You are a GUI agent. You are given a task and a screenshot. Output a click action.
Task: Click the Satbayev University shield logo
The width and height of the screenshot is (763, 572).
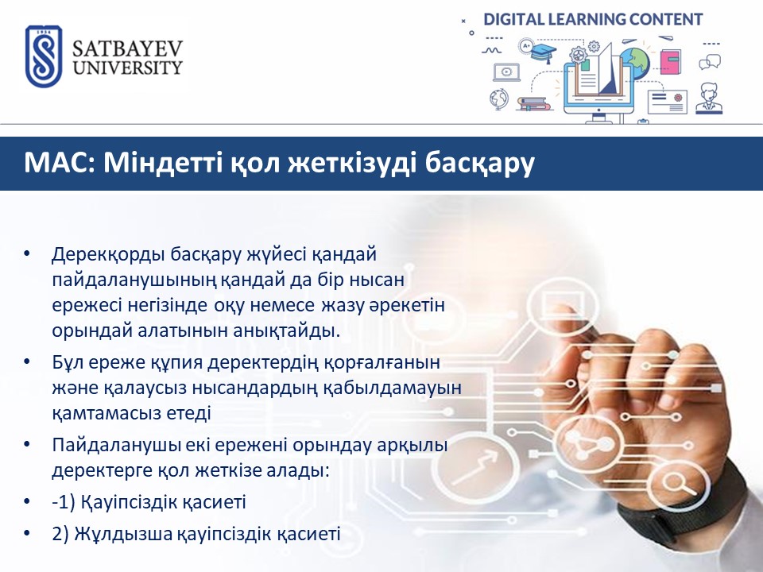pos(44,56)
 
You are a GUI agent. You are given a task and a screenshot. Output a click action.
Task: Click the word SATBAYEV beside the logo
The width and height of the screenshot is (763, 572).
pos(127,49)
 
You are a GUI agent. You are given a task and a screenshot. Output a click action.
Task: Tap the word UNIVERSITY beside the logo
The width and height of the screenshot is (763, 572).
pos(127,67)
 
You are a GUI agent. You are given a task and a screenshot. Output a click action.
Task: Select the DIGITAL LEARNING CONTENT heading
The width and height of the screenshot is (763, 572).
pos(593,19)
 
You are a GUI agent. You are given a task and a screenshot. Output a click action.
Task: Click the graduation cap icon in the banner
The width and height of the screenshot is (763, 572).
pos(543,52)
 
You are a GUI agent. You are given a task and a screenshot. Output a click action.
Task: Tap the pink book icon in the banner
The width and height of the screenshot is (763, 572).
pos(671,62)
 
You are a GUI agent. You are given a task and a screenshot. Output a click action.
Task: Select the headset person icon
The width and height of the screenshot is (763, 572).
pos(709,99)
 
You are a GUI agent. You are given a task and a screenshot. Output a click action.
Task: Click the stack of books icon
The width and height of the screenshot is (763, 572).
pos(533,103)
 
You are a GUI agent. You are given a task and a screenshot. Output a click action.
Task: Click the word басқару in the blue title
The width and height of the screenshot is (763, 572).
pos(480,164)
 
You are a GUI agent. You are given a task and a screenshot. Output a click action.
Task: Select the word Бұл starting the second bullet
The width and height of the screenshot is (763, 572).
pos(70,362)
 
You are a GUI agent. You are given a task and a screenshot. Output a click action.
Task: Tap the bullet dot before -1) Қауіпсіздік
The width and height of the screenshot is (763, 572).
pos(27,501)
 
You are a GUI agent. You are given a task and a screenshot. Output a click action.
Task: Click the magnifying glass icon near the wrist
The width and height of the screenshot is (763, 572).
pos(677,484)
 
